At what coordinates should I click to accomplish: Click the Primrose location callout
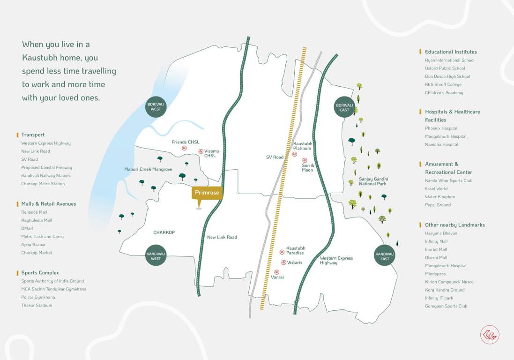[206, 193]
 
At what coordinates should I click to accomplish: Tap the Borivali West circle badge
[156, 106]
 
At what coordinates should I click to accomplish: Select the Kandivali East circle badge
[385, 256]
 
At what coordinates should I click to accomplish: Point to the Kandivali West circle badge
[156, 256]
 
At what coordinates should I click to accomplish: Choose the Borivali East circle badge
[344, 107]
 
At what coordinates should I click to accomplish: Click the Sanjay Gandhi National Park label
[373, 181]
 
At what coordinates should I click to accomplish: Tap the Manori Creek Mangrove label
[148, 169]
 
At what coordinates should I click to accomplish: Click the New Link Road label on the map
[222, 237]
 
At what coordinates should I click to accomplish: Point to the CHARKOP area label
[164, 232]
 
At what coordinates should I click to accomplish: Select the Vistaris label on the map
[295, 262]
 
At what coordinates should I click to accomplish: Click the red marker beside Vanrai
[277, 272]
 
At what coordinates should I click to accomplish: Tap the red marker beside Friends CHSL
[185, 148]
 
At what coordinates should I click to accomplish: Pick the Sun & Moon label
[308, 167]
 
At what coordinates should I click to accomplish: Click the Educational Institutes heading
[451, 52]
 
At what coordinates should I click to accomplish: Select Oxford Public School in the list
[445, 68]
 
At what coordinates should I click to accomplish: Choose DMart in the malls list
[27, 228]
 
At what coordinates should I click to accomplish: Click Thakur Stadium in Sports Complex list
[37, 305]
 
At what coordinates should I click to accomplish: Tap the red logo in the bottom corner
[490, 335]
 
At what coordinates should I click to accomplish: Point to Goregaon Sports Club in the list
[446, 306]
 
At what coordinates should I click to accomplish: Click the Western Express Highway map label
[336, 261]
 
